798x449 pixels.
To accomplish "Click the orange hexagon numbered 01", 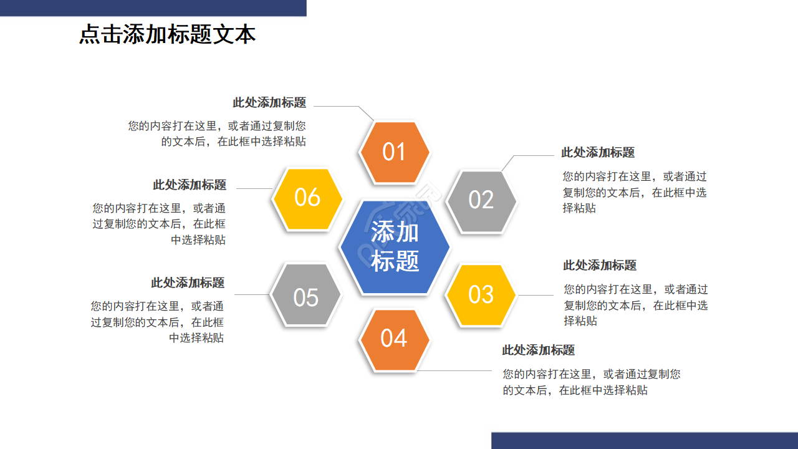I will point(394,152).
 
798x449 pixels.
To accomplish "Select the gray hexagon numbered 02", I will point(481,201).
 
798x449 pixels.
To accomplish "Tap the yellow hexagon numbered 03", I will point(481,295).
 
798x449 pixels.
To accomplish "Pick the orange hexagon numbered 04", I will point(394,339).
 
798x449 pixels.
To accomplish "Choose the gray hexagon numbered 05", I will point(306,297).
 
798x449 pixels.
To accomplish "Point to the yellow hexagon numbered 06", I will point(307,198).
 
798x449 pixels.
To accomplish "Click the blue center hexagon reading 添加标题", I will point(395,246).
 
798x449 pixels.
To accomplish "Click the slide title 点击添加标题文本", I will point(167,34).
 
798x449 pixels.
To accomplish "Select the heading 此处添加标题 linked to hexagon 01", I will point(269,103).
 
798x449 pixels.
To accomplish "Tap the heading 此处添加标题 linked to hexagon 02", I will point(598,152).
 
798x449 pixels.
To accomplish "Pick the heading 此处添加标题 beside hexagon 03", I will point(600,265).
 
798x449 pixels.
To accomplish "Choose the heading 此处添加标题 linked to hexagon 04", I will point(539,350).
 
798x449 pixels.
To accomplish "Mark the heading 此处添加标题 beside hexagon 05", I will point(188,282).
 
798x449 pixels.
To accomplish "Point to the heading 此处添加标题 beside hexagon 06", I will point(190,185).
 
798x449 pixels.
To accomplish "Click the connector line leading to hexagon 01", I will point(337,106).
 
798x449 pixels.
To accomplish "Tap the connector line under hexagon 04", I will point(455,370).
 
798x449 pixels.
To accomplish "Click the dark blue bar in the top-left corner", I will point(153,7).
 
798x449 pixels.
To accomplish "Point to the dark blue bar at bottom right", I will point(644,440).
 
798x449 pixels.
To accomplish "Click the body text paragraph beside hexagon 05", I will point(157,322).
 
